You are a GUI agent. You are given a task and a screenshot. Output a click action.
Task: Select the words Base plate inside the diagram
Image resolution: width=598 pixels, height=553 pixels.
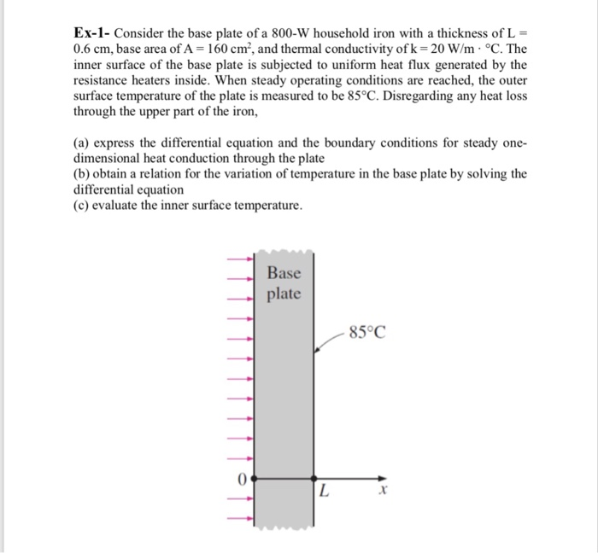point(284,283)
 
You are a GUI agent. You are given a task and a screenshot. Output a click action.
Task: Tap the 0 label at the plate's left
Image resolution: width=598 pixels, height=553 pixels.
point(242,480)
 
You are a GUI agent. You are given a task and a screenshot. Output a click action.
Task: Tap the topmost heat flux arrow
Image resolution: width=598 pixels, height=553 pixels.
point(239,259)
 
